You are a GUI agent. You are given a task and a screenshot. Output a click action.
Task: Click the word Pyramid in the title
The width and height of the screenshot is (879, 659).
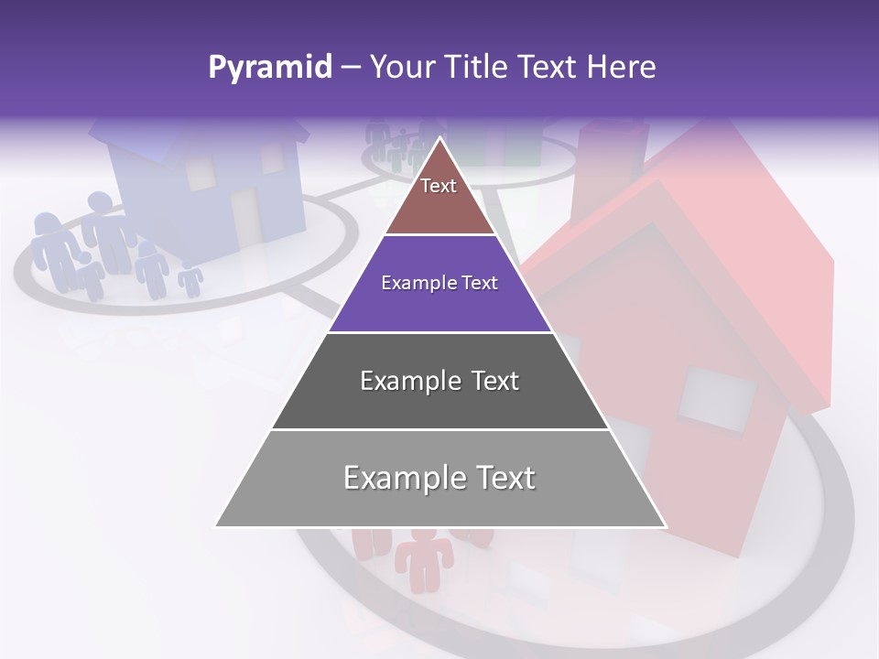point(269,68)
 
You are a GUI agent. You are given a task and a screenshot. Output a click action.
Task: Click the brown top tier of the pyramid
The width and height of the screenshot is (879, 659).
point(439,206)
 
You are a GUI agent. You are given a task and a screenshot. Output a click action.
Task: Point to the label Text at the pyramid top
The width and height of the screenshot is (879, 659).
point(439,186)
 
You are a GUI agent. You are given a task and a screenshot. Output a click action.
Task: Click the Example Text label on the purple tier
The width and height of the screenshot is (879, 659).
point(439,283)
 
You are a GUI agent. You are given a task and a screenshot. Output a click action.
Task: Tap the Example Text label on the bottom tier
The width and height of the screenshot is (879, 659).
point(439,478)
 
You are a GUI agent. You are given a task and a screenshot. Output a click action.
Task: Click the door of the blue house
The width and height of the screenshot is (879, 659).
point(245,216)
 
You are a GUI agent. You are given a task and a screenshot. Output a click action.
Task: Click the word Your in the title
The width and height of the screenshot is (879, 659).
point(403,68)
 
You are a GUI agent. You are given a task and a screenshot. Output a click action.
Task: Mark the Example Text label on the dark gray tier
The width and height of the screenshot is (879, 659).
point(439,381)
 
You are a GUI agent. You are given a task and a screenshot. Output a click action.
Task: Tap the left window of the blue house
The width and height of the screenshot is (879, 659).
point(200,173)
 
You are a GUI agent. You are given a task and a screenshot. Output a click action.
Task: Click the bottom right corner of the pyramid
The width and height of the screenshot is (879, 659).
point(666,526)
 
